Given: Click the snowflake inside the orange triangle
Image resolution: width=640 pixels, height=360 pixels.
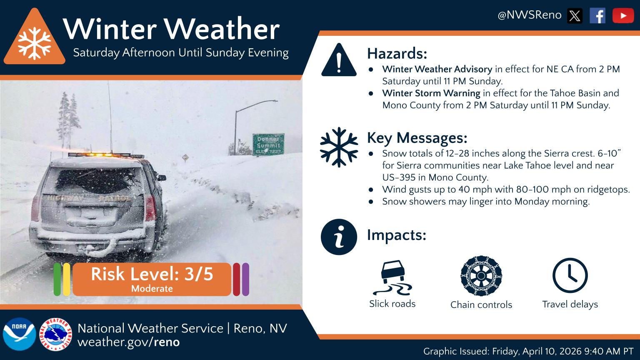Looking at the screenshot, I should click(x=35, y=42).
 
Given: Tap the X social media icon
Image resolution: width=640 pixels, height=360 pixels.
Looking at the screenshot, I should click(x=575, y=16).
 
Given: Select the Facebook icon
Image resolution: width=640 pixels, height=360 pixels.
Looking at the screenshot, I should click(x=597, y=16).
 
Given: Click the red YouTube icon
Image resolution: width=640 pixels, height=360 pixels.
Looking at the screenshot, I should click(x=623, y=16).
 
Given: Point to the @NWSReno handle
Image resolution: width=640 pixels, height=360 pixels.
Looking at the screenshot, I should click(x=529, y=15).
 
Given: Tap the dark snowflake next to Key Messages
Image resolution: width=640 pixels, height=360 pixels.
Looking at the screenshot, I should click(x=339, y=147).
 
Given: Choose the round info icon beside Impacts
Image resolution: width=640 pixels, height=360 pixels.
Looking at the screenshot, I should click(x=339, y=237).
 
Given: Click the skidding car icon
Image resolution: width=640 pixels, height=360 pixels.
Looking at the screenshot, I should click(x=392, y=277).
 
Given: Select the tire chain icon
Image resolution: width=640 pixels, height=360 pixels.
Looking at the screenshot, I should click(x=481, y=276).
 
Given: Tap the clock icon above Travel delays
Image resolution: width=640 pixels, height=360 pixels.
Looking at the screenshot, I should click(x=570, y=275).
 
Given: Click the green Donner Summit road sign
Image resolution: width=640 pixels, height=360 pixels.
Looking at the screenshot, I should click(x=268, y=144).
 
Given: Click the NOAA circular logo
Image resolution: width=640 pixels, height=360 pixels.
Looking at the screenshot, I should click(x=19, y=334).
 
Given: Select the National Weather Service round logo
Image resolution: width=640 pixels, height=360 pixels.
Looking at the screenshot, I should click(x=56, y=334).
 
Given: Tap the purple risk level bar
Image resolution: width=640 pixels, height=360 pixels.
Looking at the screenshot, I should click(x=245, y=279).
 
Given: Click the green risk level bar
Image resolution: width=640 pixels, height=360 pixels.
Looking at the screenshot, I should click(x=57, y=279).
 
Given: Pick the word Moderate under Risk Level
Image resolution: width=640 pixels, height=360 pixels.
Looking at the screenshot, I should click(x=152, y=288).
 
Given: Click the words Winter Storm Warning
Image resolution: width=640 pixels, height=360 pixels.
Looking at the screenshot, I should click(x=431, y=93).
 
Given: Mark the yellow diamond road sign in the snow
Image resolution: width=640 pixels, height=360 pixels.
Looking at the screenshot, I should click(x=185, y=158).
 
